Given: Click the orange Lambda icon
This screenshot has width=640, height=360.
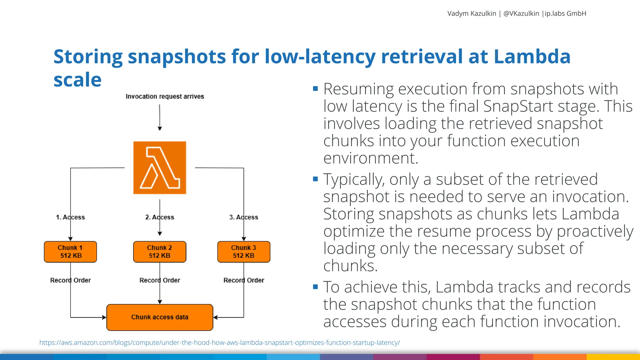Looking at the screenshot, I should pyautogui.click(x=160, y=168).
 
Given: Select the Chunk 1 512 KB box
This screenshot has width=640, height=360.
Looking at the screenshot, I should pyautogui.click(x=70, y=252).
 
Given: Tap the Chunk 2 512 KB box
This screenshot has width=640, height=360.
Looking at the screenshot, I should pyautogui.click(x=160, y=252).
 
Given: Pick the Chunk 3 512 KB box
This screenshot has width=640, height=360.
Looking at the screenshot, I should pyautogui.click(x=244, y=252).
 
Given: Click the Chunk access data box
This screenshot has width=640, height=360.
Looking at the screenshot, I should pyautogui.click(x=160, y=317).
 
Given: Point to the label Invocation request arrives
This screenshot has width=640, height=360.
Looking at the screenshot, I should pyautogui.click(x=165, y=97).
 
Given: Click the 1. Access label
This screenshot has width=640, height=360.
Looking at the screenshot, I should pyautogui.click(x=70, y=217).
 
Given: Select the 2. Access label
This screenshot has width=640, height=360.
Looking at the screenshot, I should pyautogui.click(x=160, y=217).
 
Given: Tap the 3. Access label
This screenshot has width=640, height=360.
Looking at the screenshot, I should pyautogui.click(x=244, y=217).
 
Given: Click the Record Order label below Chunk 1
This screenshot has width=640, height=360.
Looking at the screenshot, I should pyautogui.click(x=70, y=280).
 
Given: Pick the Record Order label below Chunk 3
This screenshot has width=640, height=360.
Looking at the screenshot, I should pyautogui.click(x=244, y=280).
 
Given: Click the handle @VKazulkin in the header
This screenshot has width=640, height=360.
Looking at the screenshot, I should pyautogui.click(x=521, y=13).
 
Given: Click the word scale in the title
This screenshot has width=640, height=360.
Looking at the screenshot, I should pyautogui.click(x=77, y=80).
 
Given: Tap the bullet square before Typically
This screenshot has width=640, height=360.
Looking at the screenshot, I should pyautogui.click(x=315, y=179).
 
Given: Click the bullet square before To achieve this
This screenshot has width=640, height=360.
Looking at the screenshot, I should pyautogui.click(x=315, y=287).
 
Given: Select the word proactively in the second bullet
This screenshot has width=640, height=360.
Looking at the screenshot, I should pyautogui.click(x=595, y=232).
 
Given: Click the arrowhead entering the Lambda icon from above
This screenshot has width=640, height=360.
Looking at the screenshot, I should pyautogui.click(x=160, y=128).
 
